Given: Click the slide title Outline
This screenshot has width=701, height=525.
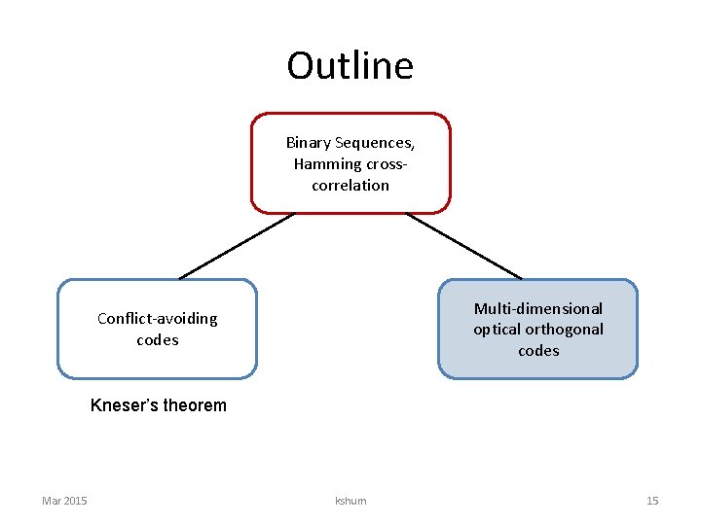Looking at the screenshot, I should click(x=350, y=66).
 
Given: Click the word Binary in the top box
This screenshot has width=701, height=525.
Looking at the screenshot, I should click(x=309, y=143).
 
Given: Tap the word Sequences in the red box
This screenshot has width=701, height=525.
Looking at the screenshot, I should click(x=376, y=143).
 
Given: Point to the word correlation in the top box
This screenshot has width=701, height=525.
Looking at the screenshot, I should click(x=350, y=186).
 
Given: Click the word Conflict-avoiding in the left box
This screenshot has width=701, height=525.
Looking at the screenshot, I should click(x=158, y=319).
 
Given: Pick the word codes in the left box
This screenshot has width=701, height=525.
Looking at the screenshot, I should click(x=158, y=340).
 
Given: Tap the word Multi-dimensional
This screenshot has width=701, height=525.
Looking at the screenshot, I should click(x=538, y=308).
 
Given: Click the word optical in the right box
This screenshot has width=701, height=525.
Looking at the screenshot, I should click(x=497, y=330).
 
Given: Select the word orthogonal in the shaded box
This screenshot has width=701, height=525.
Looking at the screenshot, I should click(x=564, y=330).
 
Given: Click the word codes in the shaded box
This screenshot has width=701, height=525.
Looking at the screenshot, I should click(x=538, y=351).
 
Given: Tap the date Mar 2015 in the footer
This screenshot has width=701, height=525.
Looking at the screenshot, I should click(x=64, y=501).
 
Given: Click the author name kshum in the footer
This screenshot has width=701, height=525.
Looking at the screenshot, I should click(x=350, y=501).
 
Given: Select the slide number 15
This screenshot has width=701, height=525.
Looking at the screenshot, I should click(x=652, y=501).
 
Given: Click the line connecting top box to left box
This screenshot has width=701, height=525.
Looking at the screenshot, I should click(x=236, y=246).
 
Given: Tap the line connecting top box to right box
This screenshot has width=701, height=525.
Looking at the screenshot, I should click(x=463, y=246).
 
